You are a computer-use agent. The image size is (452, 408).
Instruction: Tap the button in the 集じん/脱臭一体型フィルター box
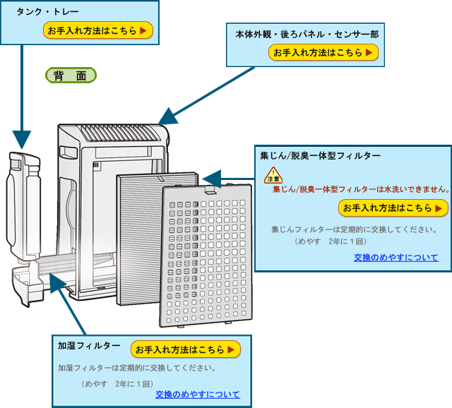[393, 208]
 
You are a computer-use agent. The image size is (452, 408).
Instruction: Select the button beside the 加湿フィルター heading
[186, 349]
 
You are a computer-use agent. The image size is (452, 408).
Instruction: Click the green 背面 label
[71, 76]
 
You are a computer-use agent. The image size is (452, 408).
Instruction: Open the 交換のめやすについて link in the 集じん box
[396, 257]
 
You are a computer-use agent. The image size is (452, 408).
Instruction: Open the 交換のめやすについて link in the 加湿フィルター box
[198, 394]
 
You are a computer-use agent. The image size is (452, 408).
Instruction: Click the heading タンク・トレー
[48, 12]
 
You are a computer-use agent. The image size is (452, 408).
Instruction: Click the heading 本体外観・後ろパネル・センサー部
[306, 34]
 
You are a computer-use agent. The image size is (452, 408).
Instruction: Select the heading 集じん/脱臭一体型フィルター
[320, 155]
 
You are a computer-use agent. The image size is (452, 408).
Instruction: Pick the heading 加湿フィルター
[89, 346]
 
